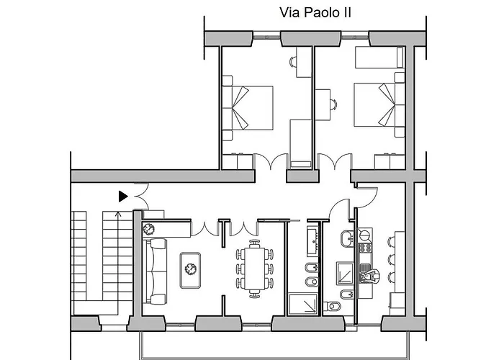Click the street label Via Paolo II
tap(315, 13)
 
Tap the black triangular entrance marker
tap(123, 197)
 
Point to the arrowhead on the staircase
tap(118, 213)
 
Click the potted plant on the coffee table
tap(191, 269)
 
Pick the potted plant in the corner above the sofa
tap(148, 229)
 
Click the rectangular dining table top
tap(254, 269)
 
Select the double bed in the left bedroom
tap(248, 108)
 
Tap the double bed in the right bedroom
tap(379, 104)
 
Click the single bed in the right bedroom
tap(379, 57)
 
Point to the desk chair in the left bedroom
tap(293, 61)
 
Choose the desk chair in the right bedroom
tap(333, 105)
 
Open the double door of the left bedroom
tap(271, 161)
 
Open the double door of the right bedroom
tap(335, 161)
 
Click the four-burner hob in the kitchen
tap(365, 248)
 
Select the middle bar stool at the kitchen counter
tap(391, 259)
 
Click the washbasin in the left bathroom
tap(312, 241)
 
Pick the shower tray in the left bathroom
tap(303, 304)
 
